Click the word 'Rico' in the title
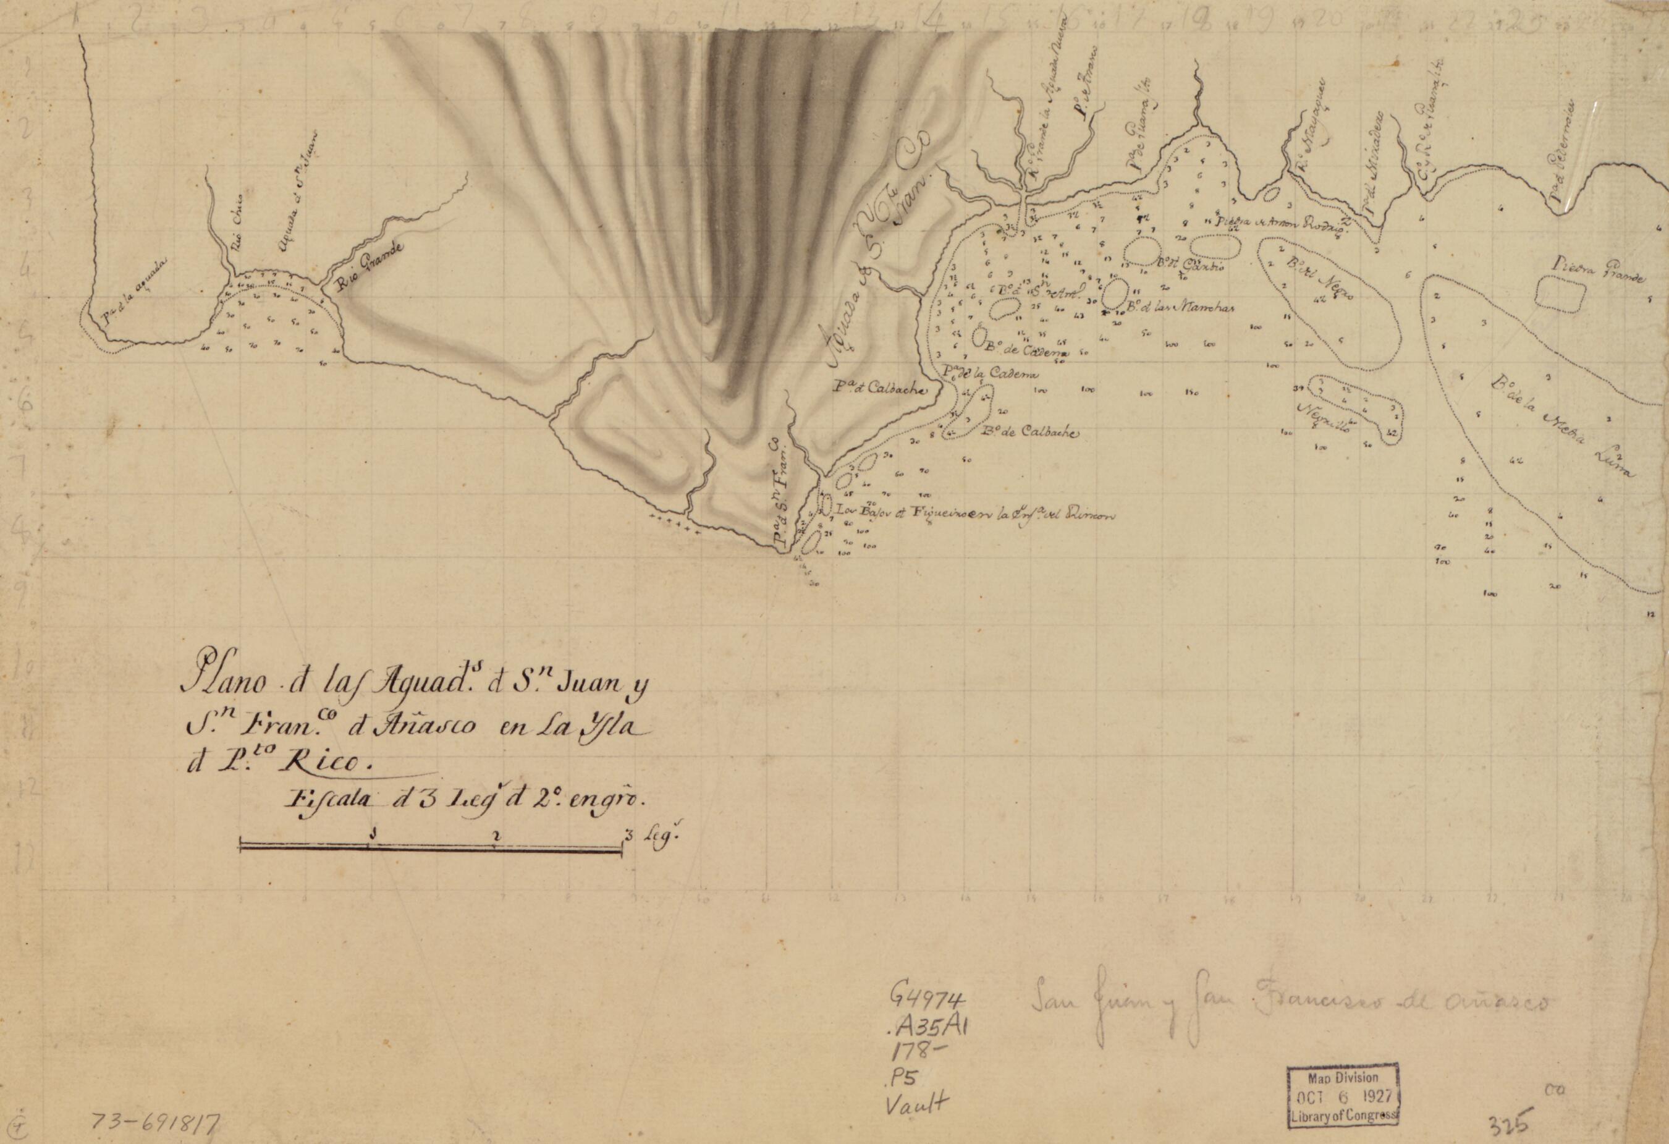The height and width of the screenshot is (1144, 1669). click(320, 762)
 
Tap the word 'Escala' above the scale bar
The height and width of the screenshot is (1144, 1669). click(327, 799)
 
